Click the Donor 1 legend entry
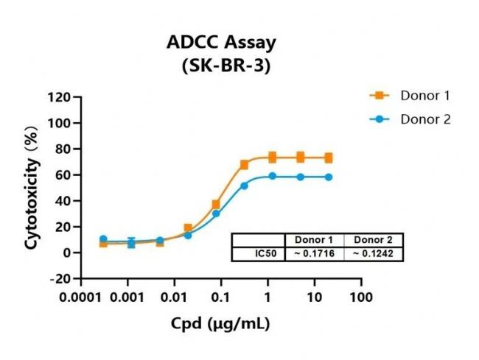pos(424,95)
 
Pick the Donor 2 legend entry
pos(424,119)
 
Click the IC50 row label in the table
pos(257,254)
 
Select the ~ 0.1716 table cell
pos(314,254)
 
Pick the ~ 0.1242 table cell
pos(374,254)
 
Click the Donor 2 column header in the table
pos(374,240)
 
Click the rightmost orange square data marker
pos(329,158)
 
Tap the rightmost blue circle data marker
pos(329,177)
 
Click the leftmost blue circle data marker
pos(103,239)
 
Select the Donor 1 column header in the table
pos(314,240)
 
